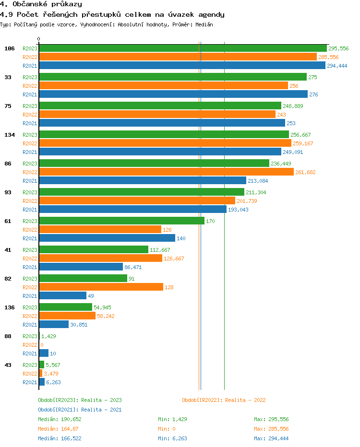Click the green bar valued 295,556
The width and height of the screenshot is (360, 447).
click(183, 48)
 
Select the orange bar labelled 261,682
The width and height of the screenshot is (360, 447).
click(166, 172)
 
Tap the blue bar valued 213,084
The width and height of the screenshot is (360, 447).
click(143, 181)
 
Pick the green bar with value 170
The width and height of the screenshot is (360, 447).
click(121, 221)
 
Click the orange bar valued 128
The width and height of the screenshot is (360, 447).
click(101, 287)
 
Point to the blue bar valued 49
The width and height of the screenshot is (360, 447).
click(62, 296)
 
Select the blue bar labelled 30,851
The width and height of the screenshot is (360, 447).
click(54, 325)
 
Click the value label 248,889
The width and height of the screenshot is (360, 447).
click(293, 106)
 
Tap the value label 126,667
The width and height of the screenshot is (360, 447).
click(174, 259)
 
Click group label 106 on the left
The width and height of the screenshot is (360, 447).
click(10, 48)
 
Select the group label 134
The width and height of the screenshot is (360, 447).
click(10, 135)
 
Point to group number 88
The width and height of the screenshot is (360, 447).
click(8, 336)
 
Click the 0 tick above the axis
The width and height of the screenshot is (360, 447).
click(39, 39)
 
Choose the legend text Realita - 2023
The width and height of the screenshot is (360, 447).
click(101, 400)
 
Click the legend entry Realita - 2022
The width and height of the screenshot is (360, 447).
click(245, 400)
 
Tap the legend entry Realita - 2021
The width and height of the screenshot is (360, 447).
click(101, 410)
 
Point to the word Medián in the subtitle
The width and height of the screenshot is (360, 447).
click(204, 24)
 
